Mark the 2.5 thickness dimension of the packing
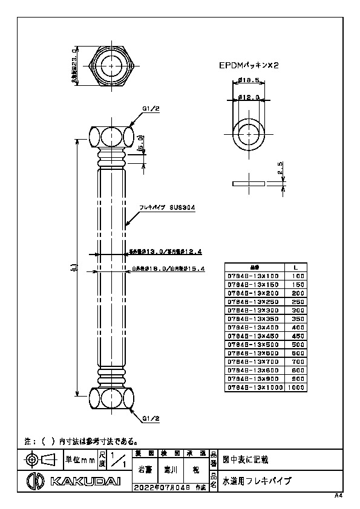point(280,167)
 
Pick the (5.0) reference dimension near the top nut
point(141,143)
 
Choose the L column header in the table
point(295,267)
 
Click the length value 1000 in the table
point(295,387)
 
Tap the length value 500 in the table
point(295,344)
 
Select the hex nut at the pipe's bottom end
point(111,398)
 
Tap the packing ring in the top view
point(249,132)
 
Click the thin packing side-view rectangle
point(249,182)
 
